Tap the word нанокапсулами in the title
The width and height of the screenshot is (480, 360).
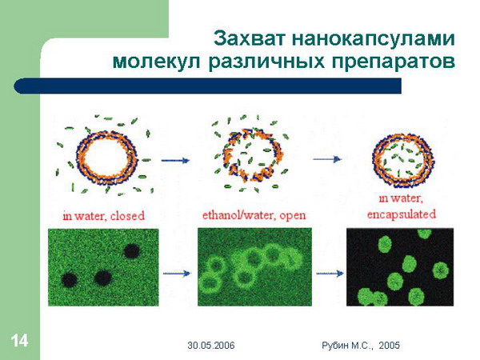point(374,39)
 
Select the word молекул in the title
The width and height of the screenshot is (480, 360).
point(157,62)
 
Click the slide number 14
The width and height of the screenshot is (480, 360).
point(19,341)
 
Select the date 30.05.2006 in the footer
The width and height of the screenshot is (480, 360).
point(211,346)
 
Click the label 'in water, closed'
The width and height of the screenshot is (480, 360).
point(103,216)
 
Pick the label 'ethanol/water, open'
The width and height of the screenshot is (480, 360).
point(254,215)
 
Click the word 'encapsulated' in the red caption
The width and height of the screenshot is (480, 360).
point(402,214)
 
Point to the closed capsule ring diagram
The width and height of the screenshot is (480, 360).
point(106,158)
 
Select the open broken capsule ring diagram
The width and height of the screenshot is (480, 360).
point(253,155)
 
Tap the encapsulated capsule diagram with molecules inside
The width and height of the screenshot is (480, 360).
point(403,161)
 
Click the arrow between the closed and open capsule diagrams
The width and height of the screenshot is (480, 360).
point(175,160)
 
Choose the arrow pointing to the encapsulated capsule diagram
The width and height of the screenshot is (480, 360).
point(327,159)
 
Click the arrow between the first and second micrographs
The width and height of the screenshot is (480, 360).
point(177,274)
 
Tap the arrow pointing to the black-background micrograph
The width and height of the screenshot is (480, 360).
point(330,273)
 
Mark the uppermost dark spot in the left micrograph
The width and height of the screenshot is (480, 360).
point(132,251)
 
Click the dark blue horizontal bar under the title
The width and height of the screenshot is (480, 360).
point(207,86)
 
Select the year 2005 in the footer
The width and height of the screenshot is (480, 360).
point(389,346)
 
